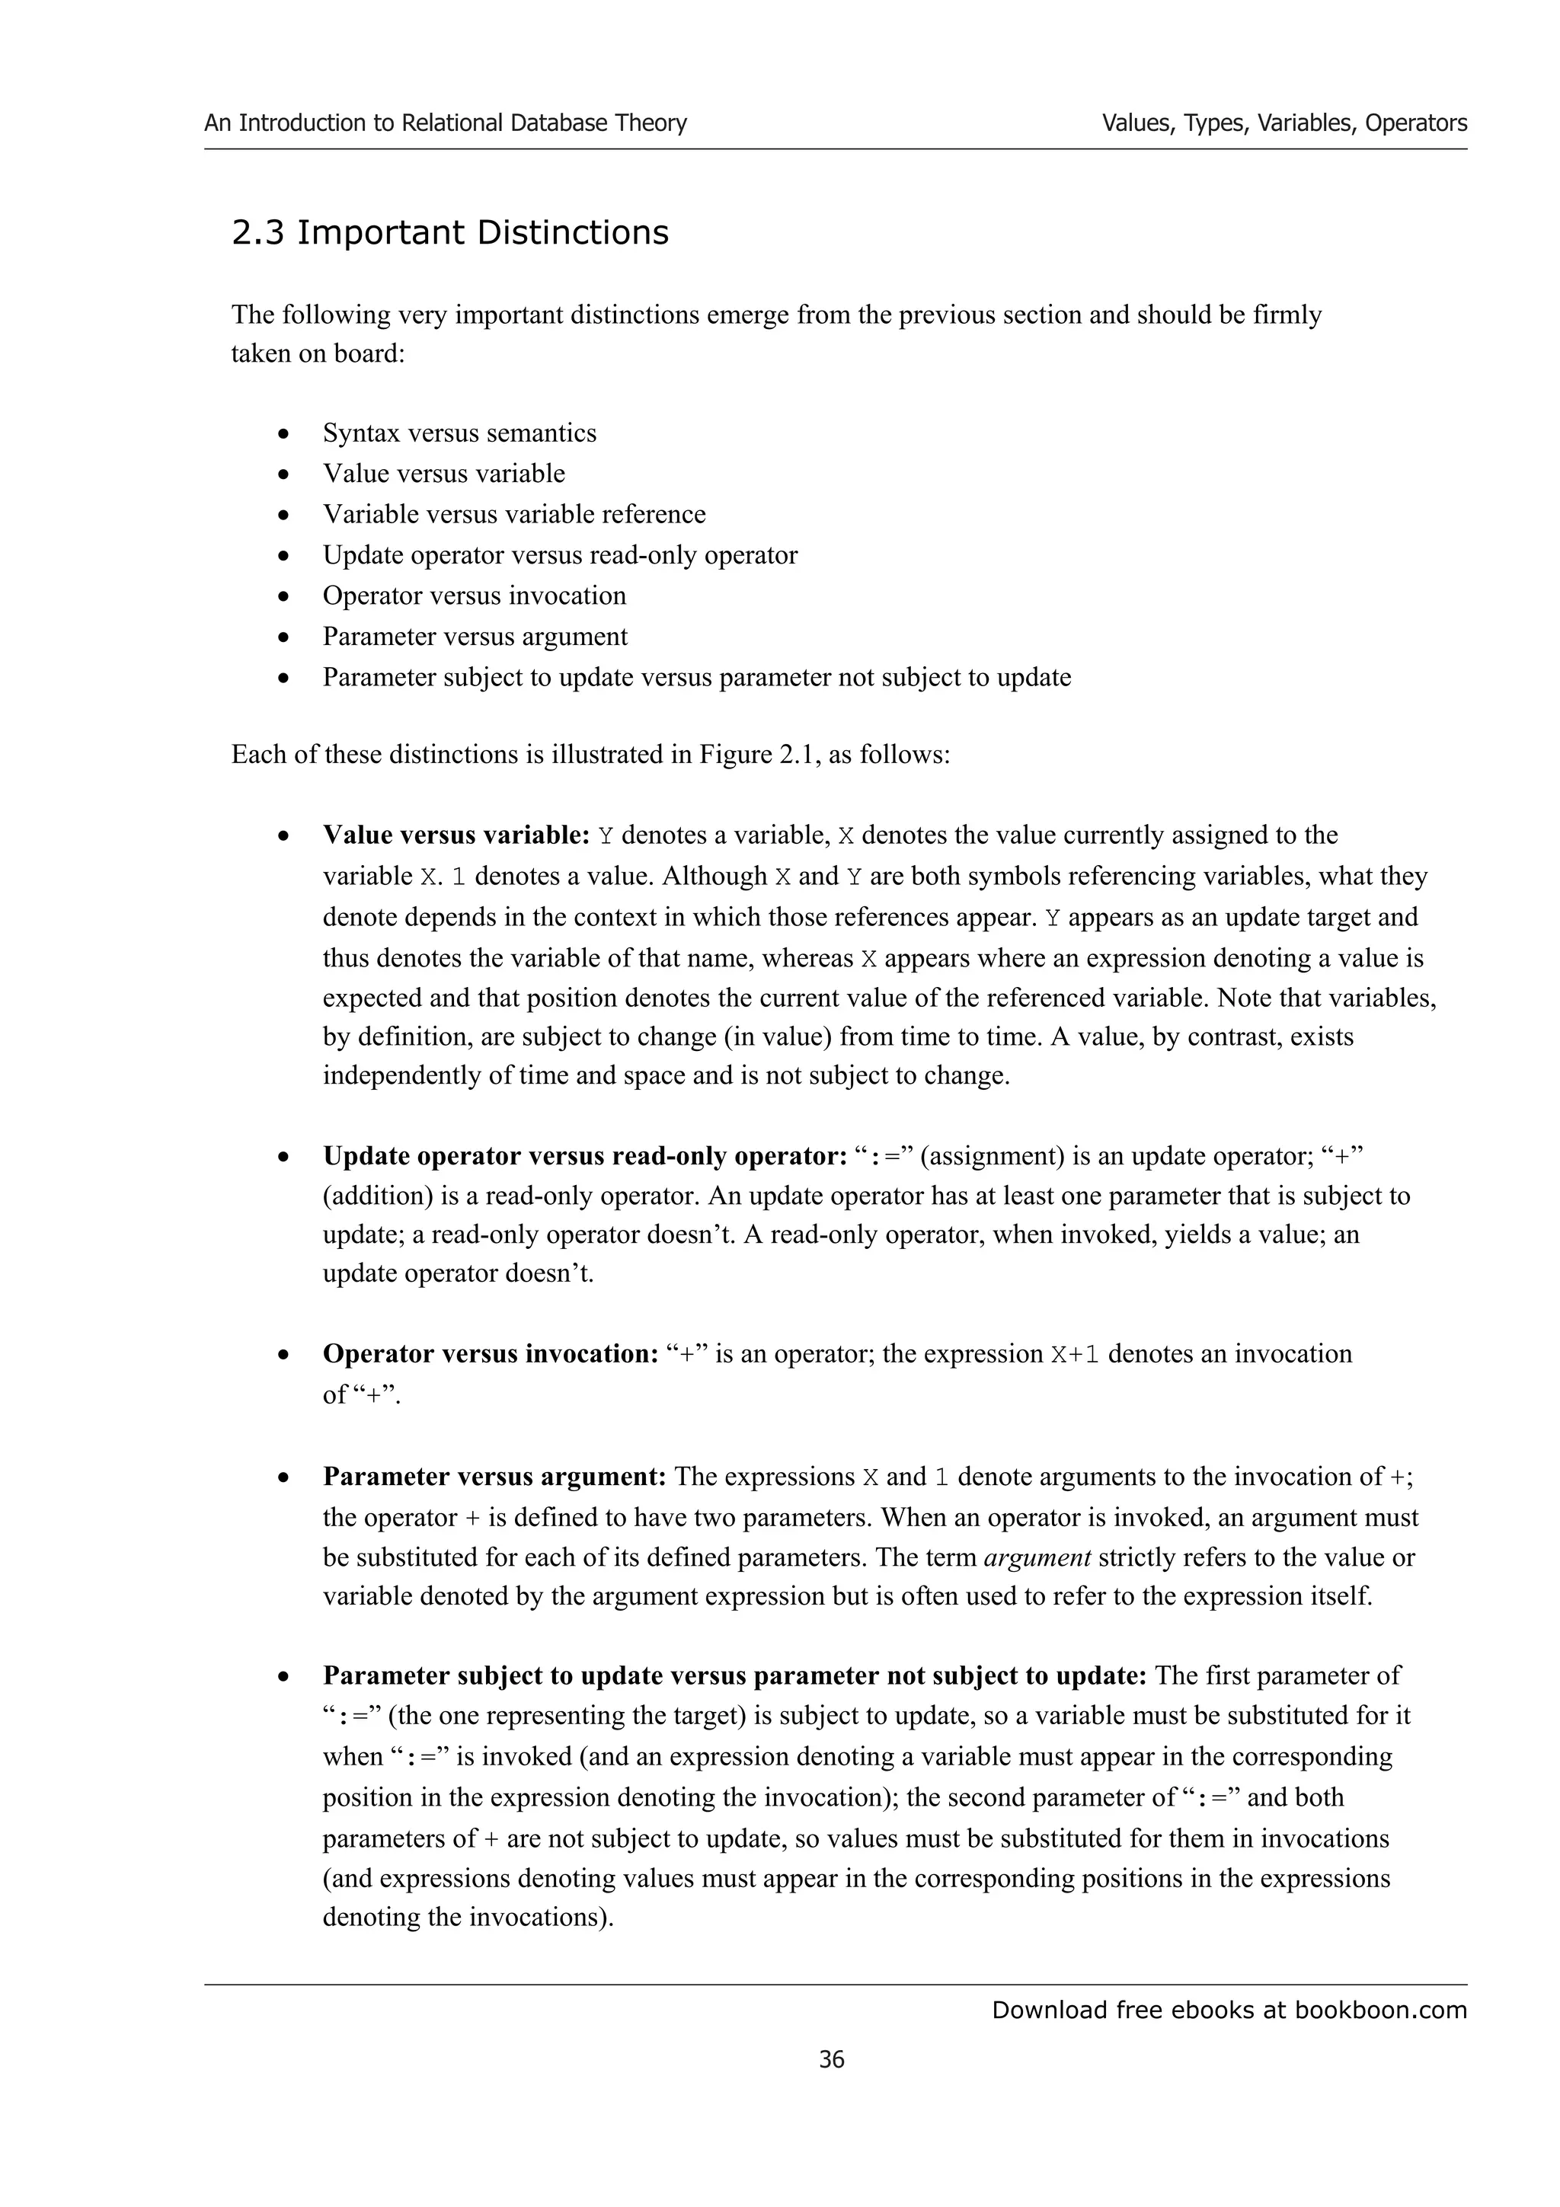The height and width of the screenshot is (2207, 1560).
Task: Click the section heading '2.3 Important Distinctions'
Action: (x=450, y=232)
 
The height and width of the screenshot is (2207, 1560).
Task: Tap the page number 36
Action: (x=832, y=2059)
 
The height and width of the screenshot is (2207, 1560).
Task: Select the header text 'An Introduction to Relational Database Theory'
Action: (x=445, y=123)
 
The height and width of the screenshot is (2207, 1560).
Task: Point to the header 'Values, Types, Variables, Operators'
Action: (x=1284, y=123)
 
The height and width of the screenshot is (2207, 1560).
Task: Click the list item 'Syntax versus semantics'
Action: (x=459, y=433)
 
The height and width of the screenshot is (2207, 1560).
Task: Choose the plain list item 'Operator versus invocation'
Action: (x=474, y=596)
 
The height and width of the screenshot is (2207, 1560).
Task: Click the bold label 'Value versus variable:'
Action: (x=456, y=835)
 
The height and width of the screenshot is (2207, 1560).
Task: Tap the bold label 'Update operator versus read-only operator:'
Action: (x=584, y=1155)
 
